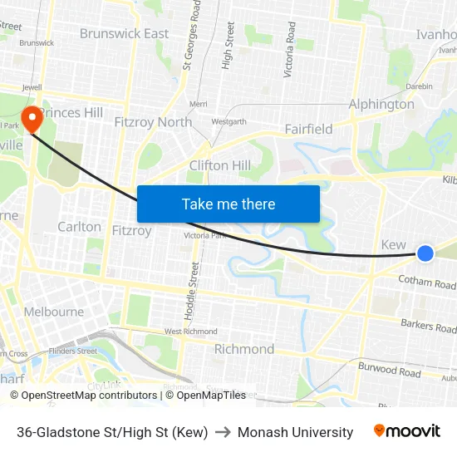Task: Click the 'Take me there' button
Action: pos(228,204)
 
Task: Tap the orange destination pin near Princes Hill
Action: pos(32,118)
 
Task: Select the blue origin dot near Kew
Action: pos(425,253)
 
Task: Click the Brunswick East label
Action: pos(124,34)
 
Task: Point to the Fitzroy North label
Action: pos(153,122)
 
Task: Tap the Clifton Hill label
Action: pos(220,165)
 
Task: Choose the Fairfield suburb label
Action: pos(308,129)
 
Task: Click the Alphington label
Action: pos(381,105)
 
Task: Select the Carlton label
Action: pos(79,227)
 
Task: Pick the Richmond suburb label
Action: pos(244,349)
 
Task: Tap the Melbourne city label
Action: pos(53,312)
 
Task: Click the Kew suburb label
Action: pos(393,245)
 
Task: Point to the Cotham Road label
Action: pos(426,283)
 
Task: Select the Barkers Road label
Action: pos(429,326)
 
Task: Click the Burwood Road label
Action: pos(389,369)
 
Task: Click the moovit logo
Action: pos(407,431)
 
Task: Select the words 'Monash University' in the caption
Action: pos(295,432)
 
